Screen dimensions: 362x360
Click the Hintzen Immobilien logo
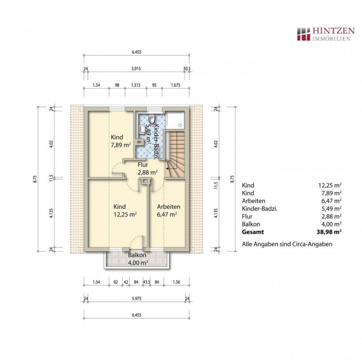click(325, 34)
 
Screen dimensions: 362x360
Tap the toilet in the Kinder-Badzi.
click(151, 119)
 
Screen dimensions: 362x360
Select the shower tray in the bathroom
click(176, 120)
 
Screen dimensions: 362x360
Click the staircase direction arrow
click(170, 169)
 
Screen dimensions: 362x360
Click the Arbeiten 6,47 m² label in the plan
click(168, 210)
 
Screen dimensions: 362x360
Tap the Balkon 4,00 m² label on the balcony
click(138, 259)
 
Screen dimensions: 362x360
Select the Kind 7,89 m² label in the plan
click(121, 141)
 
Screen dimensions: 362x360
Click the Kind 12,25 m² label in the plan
click(125, 210)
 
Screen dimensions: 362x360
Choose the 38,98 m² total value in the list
click(329, 232)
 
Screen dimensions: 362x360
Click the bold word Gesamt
click(253, 232)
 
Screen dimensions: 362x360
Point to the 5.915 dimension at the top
click(136, 69)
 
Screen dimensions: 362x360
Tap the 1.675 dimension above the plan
click(175, 85)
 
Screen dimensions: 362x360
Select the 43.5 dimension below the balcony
click(146, 282)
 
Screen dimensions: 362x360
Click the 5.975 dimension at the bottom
click(137, 298)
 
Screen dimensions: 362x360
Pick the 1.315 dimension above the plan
click(136, 85)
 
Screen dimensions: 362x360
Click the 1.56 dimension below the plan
click(176, 282)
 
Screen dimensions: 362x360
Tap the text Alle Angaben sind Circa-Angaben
click(287, 244)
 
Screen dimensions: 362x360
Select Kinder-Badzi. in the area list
click(260, 209)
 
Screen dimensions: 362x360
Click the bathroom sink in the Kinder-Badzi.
click(142, 128)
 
